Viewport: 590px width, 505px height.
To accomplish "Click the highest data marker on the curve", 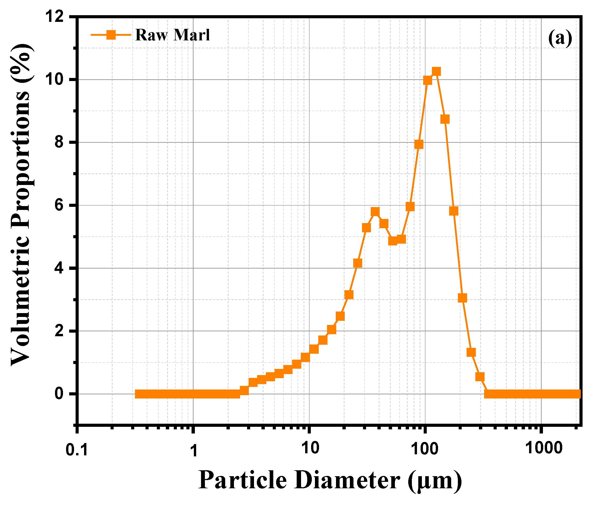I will click(x=436, y=72).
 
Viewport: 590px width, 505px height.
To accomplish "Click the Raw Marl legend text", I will click(x=173, y=35).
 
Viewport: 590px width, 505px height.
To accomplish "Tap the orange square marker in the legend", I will click(x=111, y=35).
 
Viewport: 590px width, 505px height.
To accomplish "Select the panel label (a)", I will click(x=560, y=38).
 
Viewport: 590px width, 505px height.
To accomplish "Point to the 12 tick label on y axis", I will click(x=55, y=16).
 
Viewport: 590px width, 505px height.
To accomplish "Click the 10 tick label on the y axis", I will click(x=55, y=80).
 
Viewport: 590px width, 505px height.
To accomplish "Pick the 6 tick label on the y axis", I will click(x=59, y=206).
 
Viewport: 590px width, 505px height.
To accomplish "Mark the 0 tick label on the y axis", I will click(x=59, y=394).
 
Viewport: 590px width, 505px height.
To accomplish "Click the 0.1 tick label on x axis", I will click(x=77, y=450).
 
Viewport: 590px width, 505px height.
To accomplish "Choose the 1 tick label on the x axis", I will click(x=194, y=450).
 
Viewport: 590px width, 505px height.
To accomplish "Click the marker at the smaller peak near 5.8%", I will click(x=375, y=212).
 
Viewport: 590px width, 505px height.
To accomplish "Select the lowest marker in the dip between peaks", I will click(x=392, y=241).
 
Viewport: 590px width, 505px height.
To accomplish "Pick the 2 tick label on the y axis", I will click(x=59, y=331).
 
